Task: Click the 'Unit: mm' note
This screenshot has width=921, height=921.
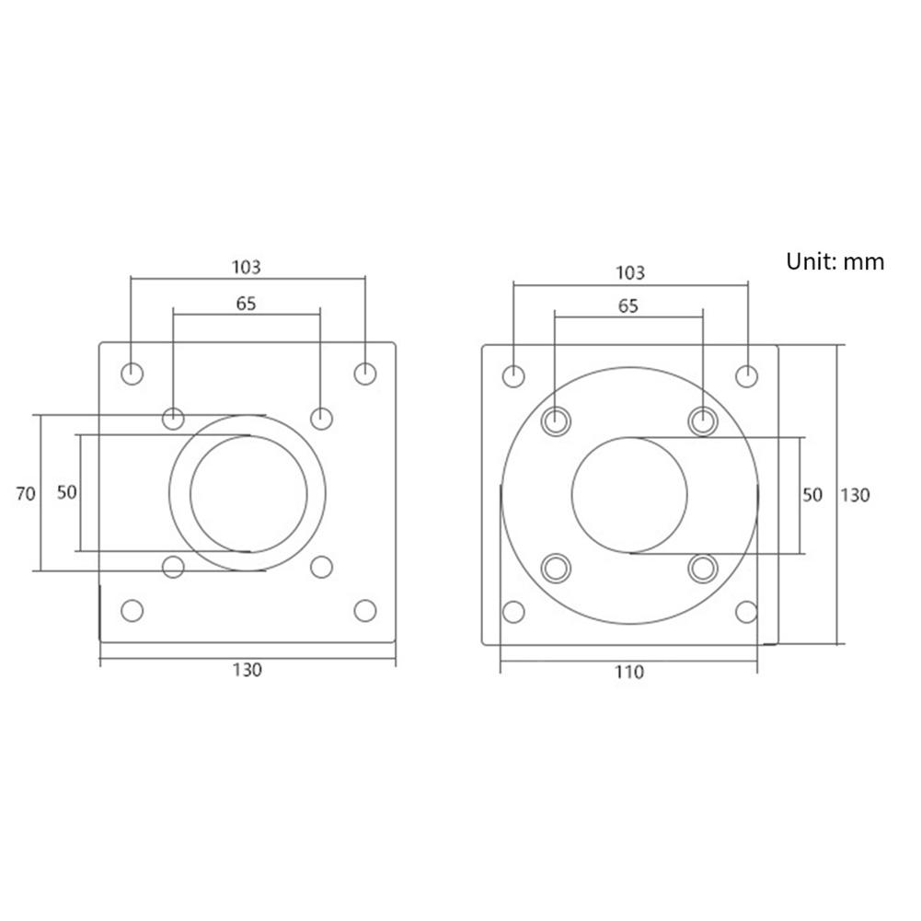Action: tap(835, 261)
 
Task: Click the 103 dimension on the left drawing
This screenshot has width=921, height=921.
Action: tap(246, 267)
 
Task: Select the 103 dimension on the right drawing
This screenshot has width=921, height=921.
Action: tap(629, 272)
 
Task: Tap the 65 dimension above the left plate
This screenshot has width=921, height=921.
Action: tap(246, 302)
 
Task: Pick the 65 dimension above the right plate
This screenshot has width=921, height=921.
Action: tap(628, 306)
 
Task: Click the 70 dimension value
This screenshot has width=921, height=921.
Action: tap(26, 493)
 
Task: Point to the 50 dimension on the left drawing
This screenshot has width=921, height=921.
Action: tap(67, 492)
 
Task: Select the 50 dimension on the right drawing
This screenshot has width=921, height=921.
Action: tap(812, 494)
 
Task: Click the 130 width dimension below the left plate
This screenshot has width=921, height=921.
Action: tap(247, 670)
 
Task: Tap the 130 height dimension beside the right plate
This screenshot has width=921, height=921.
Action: tap(855, 494)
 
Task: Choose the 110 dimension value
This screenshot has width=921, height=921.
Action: tap(629, 672)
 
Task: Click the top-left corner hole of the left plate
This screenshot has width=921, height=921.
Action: tap(132, 374)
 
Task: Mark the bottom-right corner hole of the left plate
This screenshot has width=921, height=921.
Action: tap(365, 610)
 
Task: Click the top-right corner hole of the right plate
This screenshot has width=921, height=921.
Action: tap(747, 375)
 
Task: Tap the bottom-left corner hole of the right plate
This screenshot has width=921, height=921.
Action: tap(513, 611)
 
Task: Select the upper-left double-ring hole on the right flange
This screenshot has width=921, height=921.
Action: tap(556, 420)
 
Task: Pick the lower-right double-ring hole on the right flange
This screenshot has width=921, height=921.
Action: tap(702, 567)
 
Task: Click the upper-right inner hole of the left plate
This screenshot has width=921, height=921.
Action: tap(320, 419)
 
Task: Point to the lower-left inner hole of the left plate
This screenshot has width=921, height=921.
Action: tap(173, 566)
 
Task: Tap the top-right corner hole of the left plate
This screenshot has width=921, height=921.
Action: tap(365, 374)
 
